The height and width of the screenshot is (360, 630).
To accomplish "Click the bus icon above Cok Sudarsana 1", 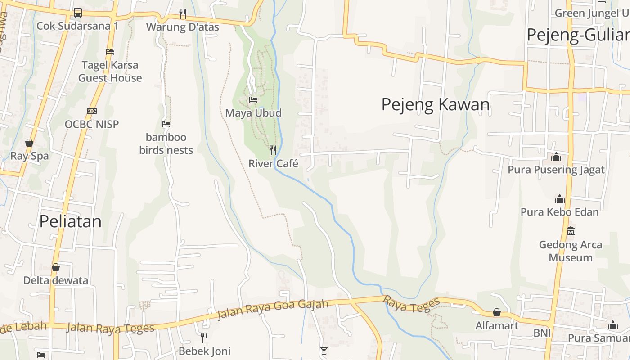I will click(78, 13).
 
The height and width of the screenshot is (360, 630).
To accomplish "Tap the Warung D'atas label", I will click(183, 27).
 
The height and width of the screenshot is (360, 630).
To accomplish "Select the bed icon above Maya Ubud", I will click(253, 99).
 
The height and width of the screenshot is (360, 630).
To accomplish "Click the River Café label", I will click(273, 164).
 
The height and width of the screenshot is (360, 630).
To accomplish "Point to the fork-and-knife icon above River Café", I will click(273, 150).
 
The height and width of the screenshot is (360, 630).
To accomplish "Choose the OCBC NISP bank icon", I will click(92, 111).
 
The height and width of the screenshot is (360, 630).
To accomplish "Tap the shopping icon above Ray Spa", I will click(29, 143).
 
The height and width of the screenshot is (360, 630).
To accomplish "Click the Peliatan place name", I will click(71, 221).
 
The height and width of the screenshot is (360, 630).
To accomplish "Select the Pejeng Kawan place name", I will click(435, 104).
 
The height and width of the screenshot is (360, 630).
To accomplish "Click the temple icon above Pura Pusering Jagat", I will click(556, 157).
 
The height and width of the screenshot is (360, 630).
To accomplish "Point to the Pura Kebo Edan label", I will click(559, 212).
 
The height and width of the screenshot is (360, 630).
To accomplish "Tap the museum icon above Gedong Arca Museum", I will click(571, 231).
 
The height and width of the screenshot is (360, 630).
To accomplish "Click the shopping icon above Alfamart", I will click(497, 312).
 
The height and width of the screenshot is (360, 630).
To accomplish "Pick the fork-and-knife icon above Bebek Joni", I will click(204, 337).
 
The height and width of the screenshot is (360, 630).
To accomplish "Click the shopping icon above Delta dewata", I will click(56, 267).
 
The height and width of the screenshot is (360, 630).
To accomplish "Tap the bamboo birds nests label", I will click(166, 144).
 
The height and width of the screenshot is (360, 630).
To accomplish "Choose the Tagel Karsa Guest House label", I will click(110, 72).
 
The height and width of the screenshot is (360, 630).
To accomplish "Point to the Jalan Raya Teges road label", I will click(110, 328).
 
